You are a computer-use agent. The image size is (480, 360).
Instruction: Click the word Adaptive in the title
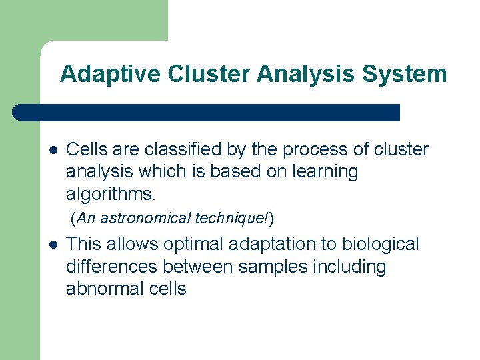point(111,74)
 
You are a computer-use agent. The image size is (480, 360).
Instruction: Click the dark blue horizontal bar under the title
point(207,113)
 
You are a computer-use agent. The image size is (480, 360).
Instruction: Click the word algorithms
point(111,193)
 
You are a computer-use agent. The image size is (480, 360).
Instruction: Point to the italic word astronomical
point(150,218)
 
